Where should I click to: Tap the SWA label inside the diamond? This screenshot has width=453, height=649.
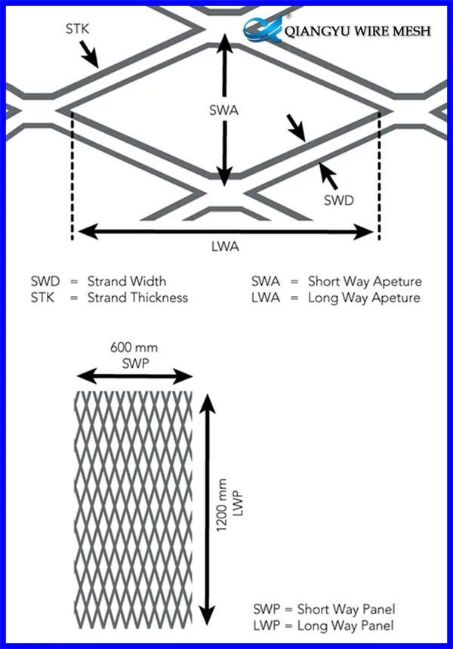click(x=223, y=110)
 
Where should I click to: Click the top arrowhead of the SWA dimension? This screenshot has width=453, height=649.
click(x=223, y=42)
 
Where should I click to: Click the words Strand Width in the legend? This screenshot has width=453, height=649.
click(x=126, y=282)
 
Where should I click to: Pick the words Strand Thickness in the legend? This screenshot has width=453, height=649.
click(x=137, y=297)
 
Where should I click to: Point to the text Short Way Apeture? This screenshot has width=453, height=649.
click(x=365, y=282)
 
